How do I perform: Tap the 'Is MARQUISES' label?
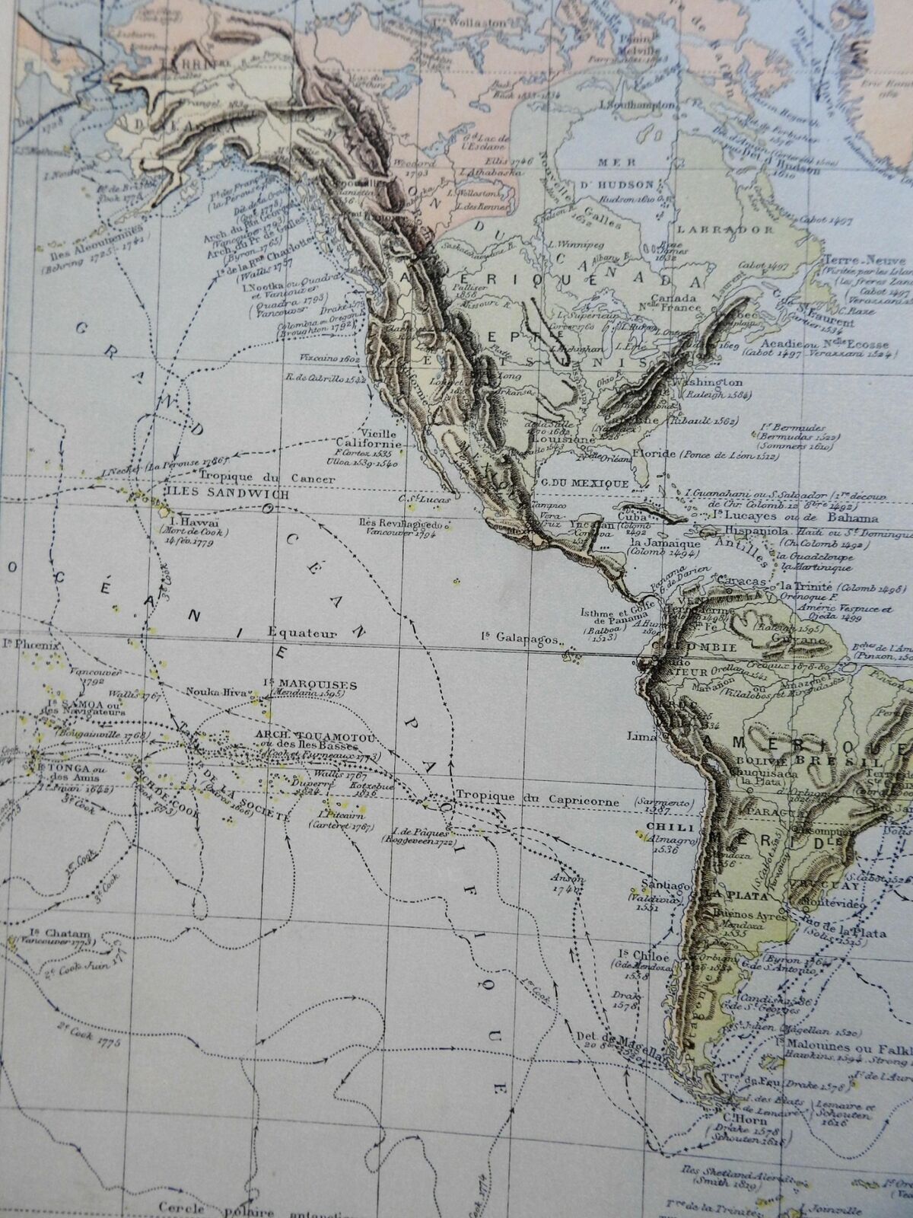301,683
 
